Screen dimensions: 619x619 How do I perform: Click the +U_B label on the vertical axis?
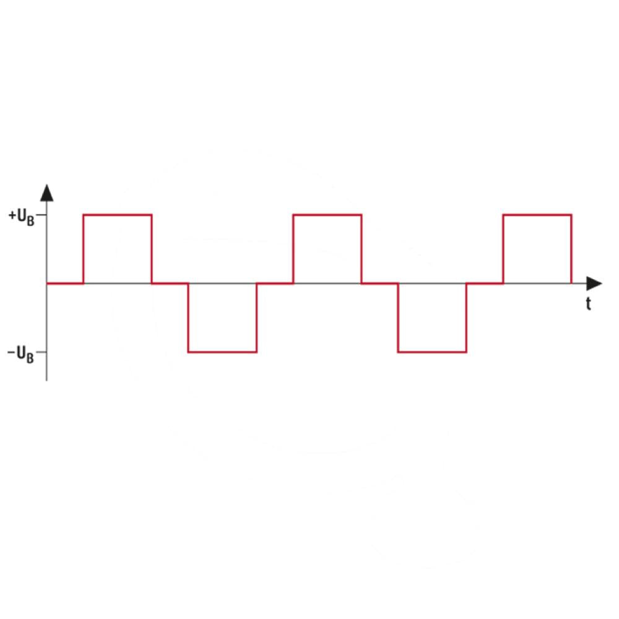click(x=22, y=217)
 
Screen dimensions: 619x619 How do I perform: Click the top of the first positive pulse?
click(x=118, y=215)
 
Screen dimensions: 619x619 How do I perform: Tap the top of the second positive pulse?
click(x=327, y=215)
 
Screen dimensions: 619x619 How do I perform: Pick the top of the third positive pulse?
click(x=537, y=215)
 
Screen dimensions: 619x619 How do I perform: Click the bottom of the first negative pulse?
click(x=222, y=352)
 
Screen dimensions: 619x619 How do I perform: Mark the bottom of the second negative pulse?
click(x=432, y=352)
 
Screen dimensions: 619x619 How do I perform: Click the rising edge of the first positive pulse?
click(x=84, y=249)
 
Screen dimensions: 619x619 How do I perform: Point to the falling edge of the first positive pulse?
click(x=152, y=249)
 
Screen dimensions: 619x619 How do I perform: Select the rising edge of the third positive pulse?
click(x=503, y=249)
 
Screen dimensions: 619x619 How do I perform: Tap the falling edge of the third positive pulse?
click(x=571, y=249)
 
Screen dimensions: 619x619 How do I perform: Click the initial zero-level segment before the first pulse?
click(x=65, y=284)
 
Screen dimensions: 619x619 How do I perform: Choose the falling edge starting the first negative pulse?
click(x=188, y=318)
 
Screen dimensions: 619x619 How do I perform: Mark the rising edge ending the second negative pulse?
click(x=466, y=318)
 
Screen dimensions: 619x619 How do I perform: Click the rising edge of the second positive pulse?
click(x=293, y=249)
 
